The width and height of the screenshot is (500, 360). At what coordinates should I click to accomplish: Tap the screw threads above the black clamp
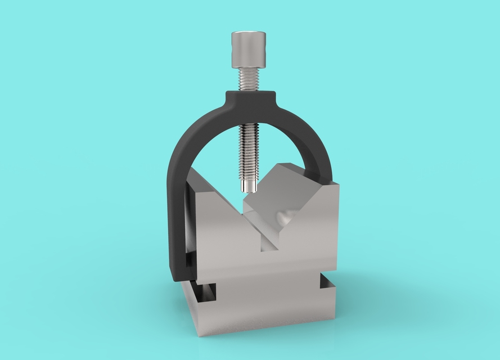(x=248, y=80)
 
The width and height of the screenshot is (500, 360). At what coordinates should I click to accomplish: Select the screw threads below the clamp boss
(x=248, y=146)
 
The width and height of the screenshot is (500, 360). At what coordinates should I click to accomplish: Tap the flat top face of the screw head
(x=248, y=35)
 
